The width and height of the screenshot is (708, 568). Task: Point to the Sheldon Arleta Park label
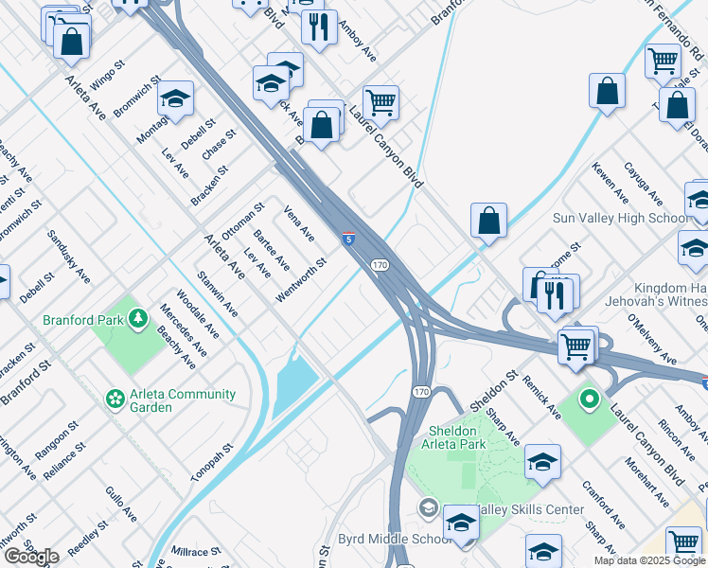(x=452, y=437)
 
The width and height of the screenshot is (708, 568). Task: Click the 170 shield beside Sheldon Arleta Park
(x=421, y=390)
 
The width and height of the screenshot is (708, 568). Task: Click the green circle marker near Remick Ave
(x=588, y=399)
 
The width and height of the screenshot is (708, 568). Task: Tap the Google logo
(x=31, y=557)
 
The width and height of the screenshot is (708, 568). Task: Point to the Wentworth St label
(x=302, y=281)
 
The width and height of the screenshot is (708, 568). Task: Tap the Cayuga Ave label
(x=643, y=184)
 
